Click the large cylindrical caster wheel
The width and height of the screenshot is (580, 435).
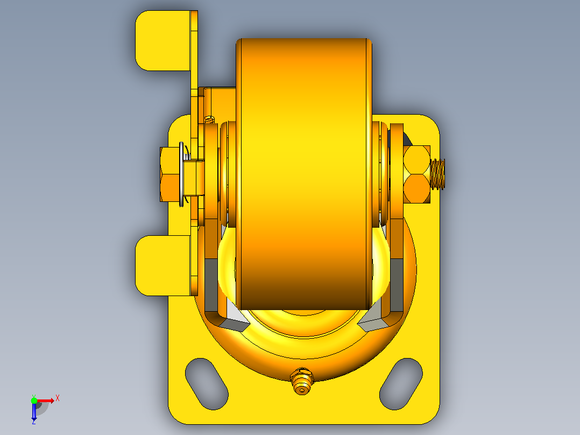pyautogui.click(x=303, y=174)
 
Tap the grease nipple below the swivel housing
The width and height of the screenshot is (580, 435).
pyautogui.click(x=302, y=381)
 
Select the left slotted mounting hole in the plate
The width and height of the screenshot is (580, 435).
pyautogui.click(x=207, y=384)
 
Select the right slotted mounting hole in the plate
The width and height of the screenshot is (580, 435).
pyautogui.click(x=401, y=384)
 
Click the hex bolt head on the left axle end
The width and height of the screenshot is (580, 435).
pyautogui.click(x=170, y=174)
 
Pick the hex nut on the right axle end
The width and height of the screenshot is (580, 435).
pyautogui.click(x=417, y=174)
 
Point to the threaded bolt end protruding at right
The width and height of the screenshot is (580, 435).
pyautogui.click(x=437, y=174)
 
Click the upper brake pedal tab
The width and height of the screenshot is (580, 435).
pyautogui.click(x=163, y=40)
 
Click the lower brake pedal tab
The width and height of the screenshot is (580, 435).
pyautogui.click(x=163, y=265)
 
